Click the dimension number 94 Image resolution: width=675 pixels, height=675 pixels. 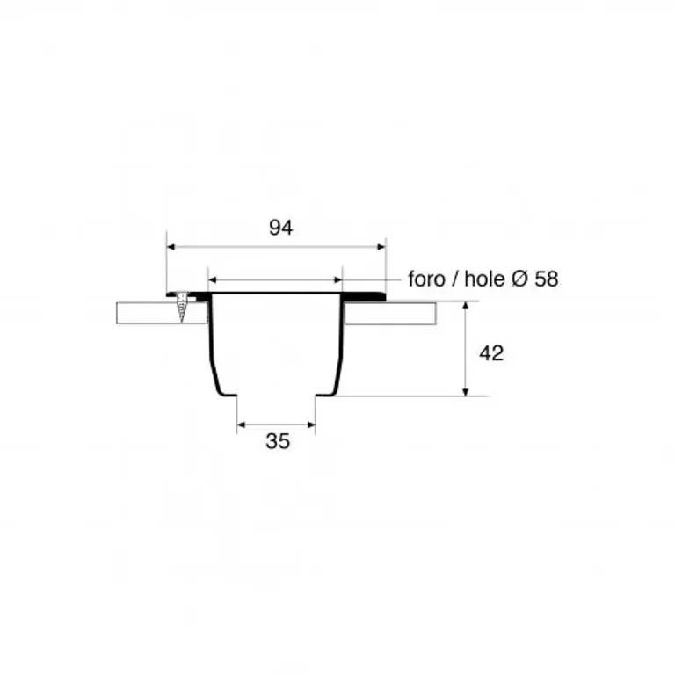[280, 228]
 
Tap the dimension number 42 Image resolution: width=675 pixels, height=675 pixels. [491, 353]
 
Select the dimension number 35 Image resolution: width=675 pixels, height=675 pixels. [278, 441]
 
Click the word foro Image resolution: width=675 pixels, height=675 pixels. [426, 279]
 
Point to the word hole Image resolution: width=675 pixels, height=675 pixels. [484, 279]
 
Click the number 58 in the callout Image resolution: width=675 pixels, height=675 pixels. [547, 279]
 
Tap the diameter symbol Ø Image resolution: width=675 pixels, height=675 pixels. [520, 279]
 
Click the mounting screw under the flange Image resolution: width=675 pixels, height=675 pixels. [183, 307]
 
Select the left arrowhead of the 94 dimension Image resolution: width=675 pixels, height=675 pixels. [171, 247]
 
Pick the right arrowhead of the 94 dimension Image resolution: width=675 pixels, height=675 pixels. [381, 247]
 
